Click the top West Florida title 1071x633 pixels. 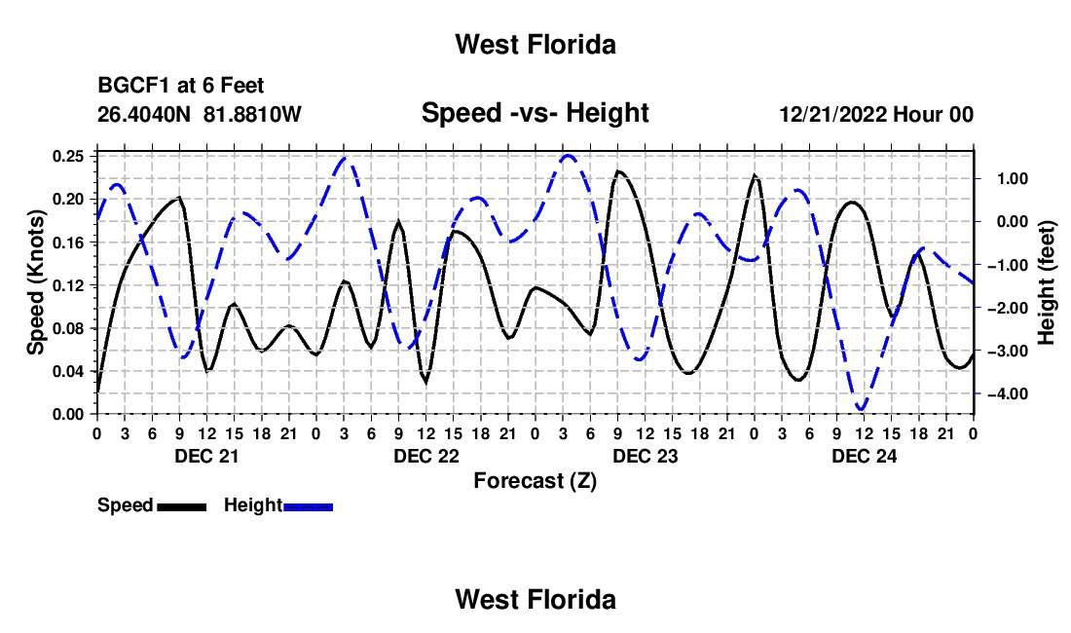[x=535, y=45]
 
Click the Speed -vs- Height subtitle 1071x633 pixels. [x=535, y=113]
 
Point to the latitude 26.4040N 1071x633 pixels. [x=143, y=114]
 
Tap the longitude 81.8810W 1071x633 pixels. [x=252, y=114]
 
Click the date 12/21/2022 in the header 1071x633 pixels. [x=833, y=114]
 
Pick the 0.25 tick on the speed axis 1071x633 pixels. [x=68, y=157]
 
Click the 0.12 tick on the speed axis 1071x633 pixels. [x=68, y=285]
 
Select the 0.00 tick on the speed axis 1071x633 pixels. [x=68, y=415]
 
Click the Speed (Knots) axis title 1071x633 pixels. [x=35, y=282]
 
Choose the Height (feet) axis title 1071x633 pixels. [x=1046, y=282]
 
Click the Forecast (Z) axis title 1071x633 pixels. [x=535, y=481]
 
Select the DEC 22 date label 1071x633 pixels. [x=426, y=456]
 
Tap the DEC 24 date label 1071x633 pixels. [x=864, y=456]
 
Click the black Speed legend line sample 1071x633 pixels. [x=182, y=506]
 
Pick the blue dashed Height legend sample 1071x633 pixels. [x=308, y=506]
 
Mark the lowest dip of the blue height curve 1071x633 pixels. [x=862, y=408]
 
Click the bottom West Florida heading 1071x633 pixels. [x=535, y=600]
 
